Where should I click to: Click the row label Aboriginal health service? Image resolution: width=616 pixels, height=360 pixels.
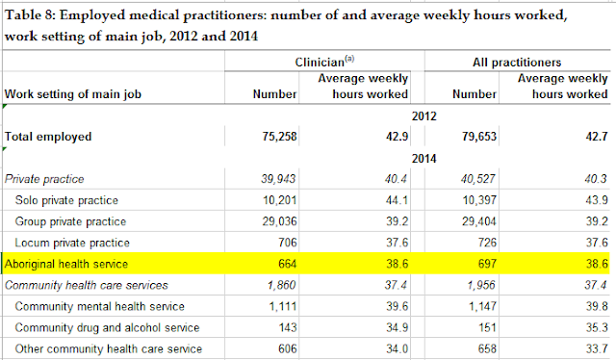pos(66,264)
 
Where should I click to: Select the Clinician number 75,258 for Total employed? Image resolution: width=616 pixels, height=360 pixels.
pos(279,137)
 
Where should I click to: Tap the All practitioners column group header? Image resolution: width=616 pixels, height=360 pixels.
pos(517,63)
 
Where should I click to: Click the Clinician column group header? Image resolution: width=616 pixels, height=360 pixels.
pos(324,62)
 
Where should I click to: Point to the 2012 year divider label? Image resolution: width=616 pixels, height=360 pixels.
pos(423,116)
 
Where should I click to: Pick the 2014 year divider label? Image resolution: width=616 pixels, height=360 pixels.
pos(423,159)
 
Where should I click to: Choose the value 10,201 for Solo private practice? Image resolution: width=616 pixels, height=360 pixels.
pos(279,200)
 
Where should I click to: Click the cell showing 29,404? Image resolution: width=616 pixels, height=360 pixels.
pos(479,221)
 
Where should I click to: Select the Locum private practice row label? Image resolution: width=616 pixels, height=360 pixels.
pos(72,243)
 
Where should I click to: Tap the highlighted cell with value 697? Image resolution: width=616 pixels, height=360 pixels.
pos(487,264)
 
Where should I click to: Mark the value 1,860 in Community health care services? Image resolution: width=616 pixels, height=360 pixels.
pos(281,285)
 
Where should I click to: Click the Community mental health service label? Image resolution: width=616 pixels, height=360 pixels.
pos(100,306)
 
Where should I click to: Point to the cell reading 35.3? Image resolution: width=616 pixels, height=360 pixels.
pos(597,327)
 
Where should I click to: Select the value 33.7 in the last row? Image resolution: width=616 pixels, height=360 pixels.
pos(597,348)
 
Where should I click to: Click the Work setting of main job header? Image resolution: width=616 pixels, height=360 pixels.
pos(73,94)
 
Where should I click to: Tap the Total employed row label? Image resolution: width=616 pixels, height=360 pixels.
pos(48,137)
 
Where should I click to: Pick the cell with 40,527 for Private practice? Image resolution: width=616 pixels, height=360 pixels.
pos(478,179)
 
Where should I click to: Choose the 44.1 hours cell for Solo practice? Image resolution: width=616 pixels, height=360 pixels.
pos(397,200)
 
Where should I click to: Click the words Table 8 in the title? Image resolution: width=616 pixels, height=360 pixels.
pos(30,15)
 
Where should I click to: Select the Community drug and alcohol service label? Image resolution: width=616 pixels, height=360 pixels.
pos(107,327)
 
